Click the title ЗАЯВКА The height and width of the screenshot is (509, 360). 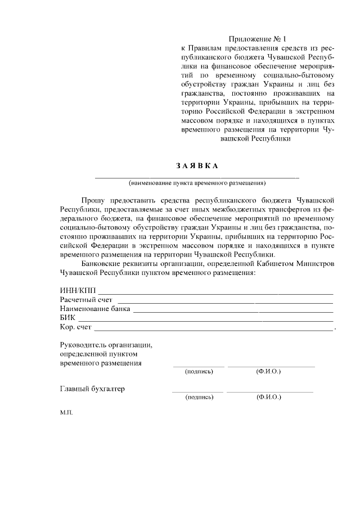196,166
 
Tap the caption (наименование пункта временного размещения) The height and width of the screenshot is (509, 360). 196,183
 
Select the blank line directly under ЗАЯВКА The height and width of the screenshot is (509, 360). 196,177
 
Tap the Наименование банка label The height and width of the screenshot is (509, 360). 95,309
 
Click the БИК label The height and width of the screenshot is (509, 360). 68,318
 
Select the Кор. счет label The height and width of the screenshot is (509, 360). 76,327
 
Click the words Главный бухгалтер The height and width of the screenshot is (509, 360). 92,389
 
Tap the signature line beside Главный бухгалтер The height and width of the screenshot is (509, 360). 197,391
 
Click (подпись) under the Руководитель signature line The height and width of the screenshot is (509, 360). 199,372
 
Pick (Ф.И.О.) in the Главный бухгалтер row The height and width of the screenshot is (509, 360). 268,397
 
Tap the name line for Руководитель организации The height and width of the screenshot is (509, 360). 271,366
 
